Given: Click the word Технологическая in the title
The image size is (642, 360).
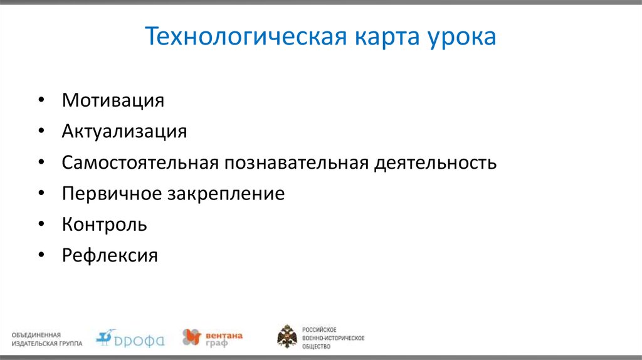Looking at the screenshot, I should (x=246, y=37).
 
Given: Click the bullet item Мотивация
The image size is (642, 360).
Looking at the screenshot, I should (x=113, y=100).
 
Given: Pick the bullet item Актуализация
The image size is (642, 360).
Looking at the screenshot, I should (x=124, y=132).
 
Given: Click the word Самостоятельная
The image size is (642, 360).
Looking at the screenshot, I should (x=140, y=163).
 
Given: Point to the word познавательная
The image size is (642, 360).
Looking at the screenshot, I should (x=297, y=163).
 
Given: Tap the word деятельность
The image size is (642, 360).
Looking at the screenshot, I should (x=436, y=163).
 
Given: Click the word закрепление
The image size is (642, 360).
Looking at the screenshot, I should (x=226, y=194).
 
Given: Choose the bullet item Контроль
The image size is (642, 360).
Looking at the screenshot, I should (x=104, y=225).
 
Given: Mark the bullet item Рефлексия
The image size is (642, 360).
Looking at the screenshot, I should (x=110, y=256).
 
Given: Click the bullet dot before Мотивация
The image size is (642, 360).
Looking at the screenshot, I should (x=41, y=101).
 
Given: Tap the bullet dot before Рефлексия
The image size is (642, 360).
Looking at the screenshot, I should (x=41, y=256).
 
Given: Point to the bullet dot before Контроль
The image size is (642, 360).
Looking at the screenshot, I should (x=41, y=225).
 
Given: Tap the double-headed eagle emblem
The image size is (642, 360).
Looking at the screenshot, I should (x=287, y=337).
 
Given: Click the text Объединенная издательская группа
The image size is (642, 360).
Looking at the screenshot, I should (x=46, y=339).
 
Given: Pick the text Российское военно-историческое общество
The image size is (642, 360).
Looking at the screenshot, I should (x=333, y=337).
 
